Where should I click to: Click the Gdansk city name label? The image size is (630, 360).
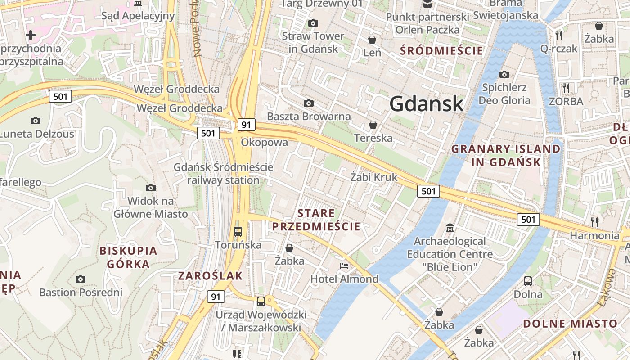point(426,103)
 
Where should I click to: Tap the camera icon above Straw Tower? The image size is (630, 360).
point(313,23)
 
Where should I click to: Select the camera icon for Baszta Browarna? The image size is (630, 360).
point(309,103)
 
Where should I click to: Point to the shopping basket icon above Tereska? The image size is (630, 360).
point(373,124)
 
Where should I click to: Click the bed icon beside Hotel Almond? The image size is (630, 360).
point(344,266)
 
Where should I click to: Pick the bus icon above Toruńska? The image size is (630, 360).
point(238,232)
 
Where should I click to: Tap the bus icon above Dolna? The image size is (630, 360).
point(528,281)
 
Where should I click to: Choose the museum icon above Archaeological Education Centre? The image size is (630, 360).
point(450,228)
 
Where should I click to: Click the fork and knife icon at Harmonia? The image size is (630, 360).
point(594,221)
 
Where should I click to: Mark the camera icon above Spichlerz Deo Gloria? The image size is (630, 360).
point(504,74)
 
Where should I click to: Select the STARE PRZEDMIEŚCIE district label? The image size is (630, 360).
point(316,220)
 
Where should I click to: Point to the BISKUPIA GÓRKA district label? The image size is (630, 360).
point(128,257)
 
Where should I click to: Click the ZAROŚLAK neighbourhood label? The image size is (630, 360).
point(211,276)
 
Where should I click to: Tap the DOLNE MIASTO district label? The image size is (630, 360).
point(570,324)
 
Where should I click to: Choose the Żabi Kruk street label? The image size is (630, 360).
point(374,177)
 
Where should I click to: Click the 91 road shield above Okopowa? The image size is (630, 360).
point(247,125)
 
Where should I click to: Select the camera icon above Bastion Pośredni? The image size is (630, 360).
point(81,279)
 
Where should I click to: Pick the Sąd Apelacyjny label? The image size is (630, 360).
point(138,16)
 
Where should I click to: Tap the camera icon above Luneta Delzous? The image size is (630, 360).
point(36,121)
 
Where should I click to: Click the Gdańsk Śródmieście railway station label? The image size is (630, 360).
point(224,174)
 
